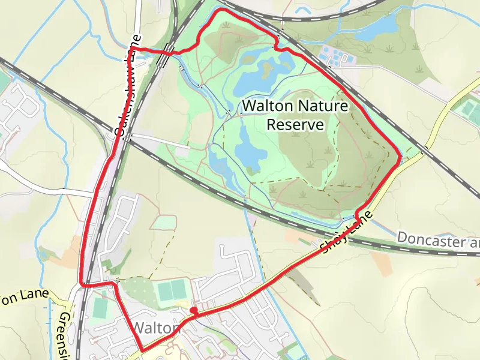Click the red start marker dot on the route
pyautogui.click(x=194, y=310)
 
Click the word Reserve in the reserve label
pyautogui.click(x=295, y=125)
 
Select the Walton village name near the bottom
pyautogui.click(x=155, y=328)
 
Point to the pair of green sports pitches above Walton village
pyautogui.click(x=173, y=291)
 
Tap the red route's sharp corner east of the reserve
pyautogui.click(x=400, y=158)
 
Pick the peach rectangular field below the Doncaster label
pyautogui.click(x=382, y=264)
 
